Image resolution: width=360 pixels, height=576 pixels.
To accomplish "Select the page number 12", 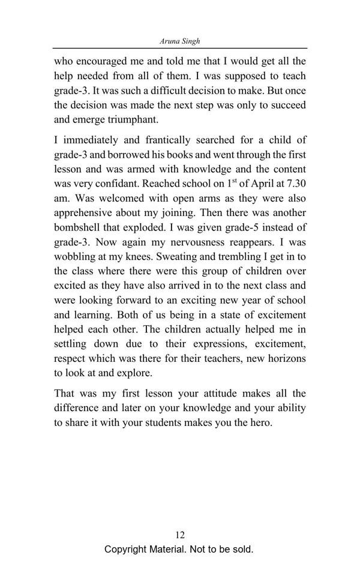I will [179, 535].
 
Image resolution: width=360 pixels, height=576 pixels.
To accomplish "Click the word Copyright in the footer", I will [127, 549].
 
